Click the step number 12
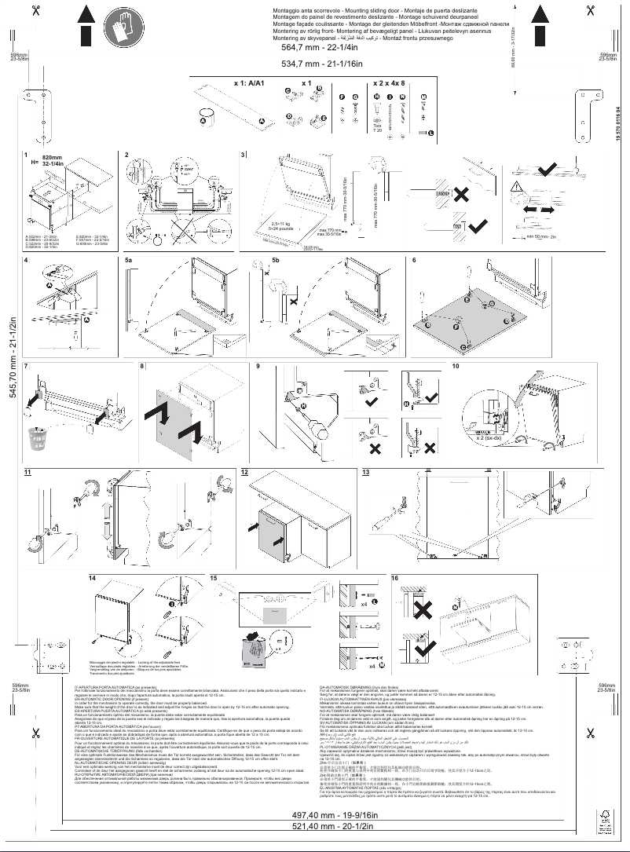244,473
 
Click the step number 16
395,579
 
